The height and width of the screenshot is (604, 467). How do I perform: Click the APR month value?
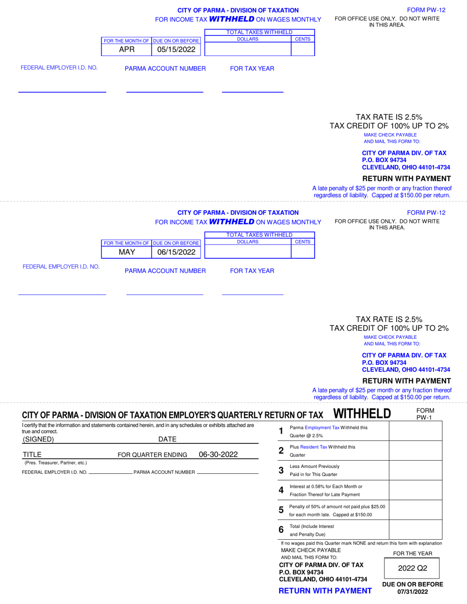pos(126,50)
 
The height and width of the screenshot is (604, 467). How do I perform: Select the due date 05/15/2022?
pos(176,50)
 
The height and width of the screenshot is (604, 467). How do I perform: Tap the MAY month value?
pos(126,252)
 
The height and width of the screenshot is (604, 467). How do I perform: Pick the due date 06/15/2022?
pos(176,252)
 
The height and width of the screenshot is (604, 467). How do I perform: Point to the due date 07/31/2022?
pos(412,592)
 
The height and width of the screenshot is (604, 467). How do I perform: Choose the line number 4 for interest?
pos(281,490)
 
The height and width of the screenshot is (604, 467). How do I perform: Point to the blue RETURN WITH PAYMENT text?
pos(325,591)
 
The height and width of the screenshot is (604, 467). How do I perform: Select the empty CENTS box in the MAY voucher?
pos(302,252)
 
